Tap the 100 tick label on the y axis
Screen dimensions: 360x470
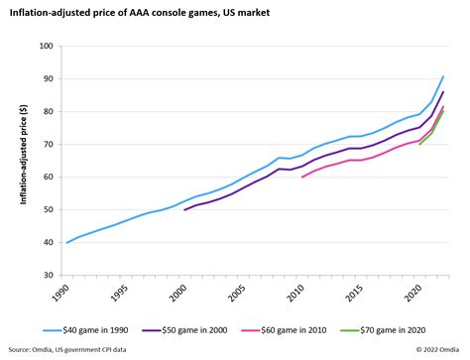click(46, 46)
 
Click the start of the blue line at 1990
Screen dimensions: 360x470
click(67, 243)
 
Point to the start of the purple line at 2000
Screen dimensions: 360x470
click(184, 210)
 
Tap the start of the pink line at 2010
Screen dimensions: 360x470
click(301, 178)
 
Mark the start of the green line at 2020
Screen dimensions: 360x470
click(419, 145)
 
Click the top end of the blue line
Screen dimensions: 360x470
click(443, 76)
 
